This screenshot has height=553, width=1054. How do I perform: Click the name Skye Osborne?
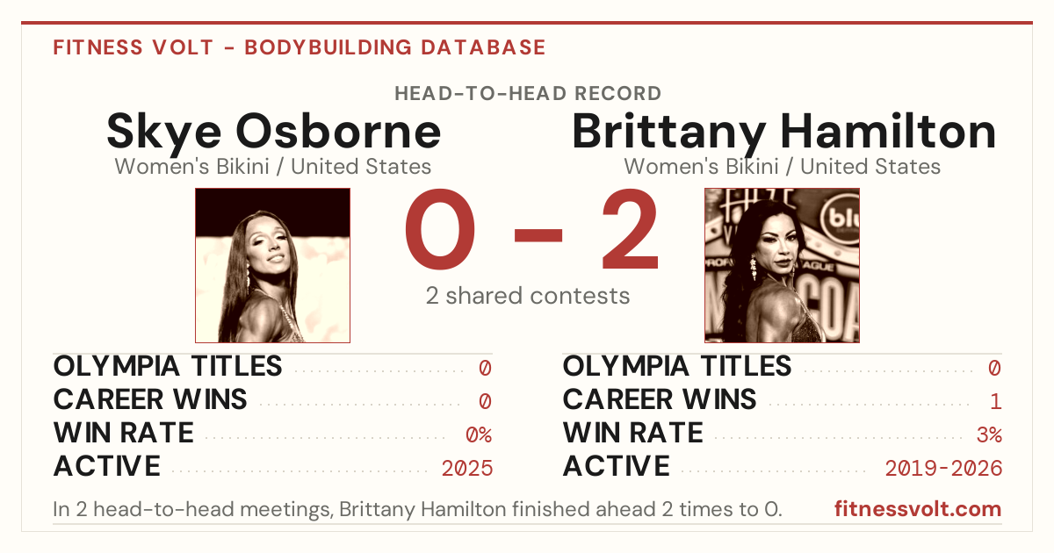(x=273, y=132)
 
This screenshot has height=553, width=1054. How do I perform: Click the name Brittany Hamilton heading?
(x=783, y=132)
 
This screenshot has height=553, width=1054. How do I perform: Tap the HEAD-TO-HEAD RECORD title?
(x=528, y=94)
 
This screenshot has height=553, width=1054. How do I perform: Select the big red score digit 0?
(x=440, y=229)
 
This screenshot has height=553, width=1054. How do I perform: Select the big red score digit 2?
(x=630, y=229)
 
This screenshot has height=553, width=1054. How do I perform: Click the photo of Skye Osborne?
(x=273, y=266)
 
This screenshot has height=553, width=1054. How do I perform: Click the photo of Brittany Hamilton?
(x=782, y=266)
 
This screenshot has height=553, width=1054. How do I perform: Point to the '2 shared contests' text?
(x=528, y=296)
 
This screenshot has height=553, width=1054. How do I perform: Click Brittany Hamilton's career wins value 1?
(x=995, y=402)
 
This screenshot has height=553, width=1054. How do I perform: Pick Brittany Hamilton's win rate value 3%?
(x=989, y=435)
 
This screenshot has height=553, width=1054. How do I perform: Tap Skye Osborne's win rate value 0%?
(x=479, y=435)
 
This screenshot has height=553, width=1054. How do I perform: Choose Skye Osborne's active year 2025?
(x=467, y=469)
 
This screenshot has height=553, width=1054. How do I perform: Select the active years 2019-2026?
(x=943, y=469)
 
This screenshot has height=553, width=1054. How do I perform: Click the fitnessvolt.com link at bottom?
(x=918, y=509)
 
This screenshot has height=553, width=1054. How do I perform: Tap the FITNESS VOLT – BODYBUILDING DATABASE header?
(x=300, y=47)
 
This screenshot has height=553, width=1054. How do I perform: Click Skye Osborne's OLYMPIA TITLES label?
(x=168, y=366)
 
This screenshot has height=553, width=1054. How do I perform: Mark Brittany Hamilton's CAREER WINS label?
(x=660, y=399)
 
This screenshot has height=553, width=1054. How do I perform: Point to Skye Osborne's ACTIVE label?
(x=107, y=466)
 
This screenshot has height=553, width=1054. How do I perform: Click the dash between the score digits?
(x=538, y=235)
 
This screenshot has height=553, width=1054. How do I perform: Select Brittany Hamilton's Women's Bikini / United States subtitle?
(x=782, y=167)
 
